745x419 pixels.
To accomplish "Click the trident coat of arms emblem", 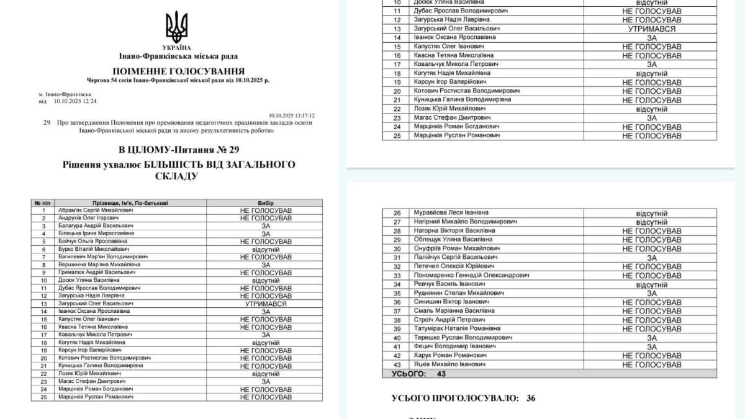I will point(177,28).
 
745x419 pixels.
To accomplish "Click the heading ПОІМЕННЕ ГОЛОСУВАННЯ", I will point(178,71).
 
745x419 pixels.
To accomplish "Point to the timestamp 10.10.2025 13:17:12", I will point(292,115).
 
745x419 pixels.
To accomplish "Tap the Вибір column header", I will point(265,203).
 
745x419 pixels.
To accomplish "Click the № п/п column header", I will point(43,203).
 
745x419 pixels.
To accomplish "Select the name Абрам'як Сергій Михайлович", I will point(94,210).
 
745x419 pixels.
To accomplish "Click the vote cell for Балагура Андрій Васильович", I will point(265,226).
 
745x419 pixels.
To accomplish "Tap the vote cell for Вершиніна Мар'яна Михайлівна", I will point(265,264).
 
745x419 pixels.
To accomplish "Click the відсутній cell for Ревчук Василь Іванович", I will point(651,284).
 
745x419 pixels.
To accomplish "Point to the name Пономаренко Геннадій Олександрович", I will point(471,275).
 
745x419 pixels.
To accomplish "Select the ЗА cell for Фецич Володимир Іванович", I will point(651,346).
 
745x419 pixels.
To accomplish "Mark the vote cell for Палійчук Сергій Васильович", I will point(651,258).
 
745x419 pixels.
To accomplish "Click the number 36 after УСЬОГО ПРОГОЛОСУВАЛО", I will point(530,399).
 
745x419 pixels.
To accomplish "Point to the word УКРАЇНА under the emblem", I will point(177,48).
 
